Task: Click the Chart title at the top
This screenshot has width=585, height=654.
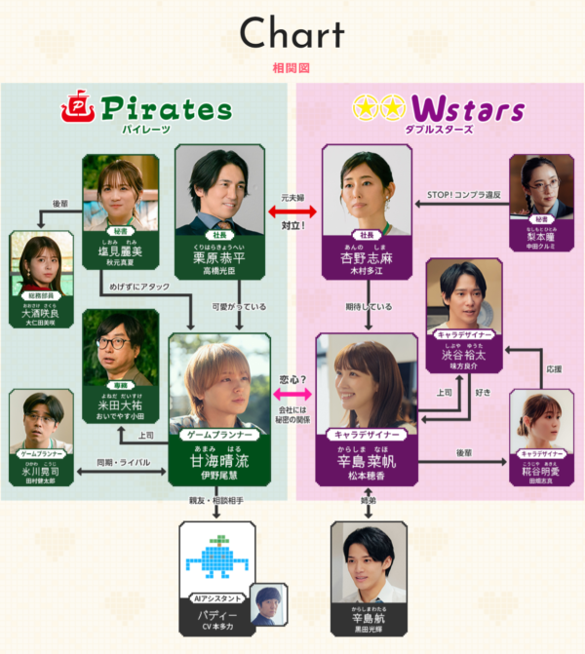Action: click(x=292, y=34)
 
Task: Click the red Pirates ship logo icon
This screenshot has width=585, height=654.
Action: click(x=78, y=106)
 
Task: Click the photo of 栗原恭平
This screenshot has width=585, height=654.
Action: click(x=218, y=190)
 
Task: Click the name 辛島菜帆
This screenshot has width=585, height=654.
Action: click(x=367, y=466)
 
